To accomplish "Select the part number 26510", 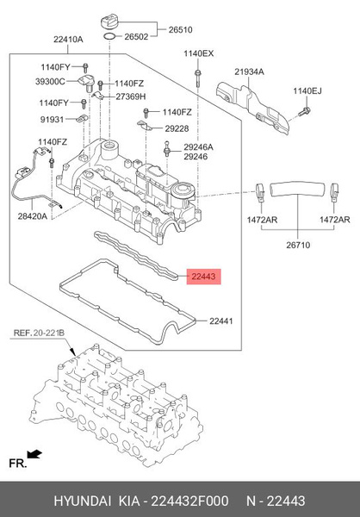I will [x=180, y=28].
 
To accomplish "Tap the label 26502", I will [x=138, y=38].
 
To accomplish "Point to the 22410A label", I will [x=68, y=40].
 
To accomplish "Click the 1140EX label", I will [x=198, y=53].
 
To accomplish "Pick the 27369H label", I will [x=131, y=96].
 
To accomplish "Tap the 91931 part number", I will [x=52, y=120].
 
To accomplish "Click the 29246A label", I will [x=198, y=147].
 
